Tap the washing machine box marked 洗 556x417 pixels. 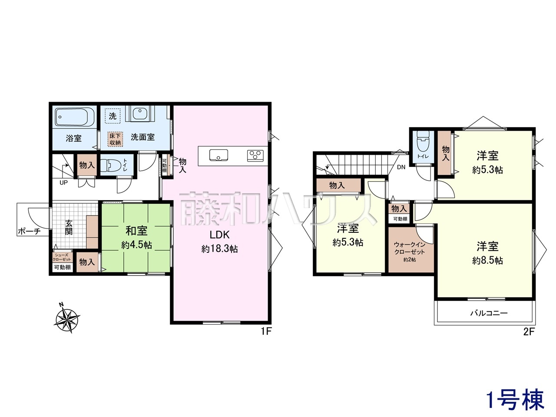tap(113, 116)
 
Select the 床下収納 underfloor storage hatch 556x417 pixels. tap(115, 139)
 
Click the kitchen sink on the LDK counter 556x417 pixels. tap(218, 155)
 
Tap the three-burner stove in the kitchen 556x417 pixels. tap(255, 155)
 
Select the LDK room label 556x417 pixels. tap(219, 235)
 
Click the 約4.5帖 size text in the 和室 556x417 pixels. tap(136, 245)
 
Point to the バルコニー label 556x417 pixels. tap(489, 313)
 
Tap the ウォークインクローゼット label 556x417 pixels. tap(409, 248)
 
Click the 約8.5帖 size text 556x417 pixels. tap(487, 261)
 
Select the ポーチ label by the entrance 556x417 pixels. tap(29, 231)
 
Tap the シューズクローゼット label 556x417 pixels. tap(62, 257)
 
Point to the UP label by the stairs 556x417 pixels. tap(63, 182)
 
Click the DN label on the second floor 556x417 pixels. tap(401, 167)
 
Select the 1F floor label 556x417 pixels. tap(266, 331)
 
